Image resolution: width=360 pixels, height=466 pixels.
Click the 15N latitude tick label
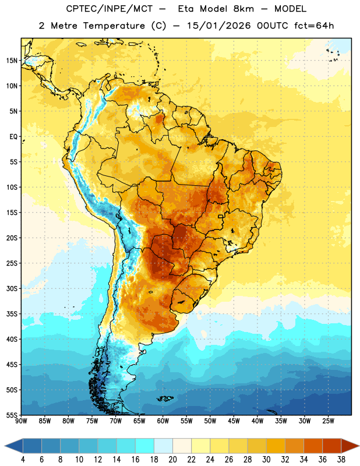pos(12,61)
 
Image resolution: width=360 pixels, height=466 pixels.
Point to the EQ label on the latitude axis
pos(13,137)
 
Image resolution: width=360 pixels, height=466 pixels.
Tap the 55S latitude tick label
pos(12,415)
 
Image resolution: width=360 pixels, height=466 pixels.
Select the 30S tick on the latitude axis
pos(12,288)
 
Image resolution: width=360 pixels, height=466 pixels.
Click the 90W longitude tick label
pos(22,421)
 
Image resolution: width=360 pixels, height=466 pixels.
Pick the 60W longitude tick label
pos(163,421)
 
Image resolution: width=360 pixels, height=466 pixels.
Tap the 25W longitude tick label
pos(328,421)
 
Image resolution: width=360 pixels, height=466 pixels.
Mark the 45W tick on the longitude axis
pos(234,421)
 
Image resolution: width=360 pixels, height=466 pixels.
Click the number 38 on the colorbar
pos(341,460)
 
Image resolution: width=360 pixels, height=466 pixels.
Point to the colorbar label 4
pos(23,460)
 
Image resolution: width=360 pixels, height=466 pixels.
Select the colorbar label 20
pos(172,460)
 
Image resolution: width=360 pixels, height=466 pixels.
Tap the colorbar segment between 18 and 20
pos(163,446)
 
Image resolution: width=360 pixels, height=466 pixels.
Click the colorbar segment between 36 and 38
pos(332,446)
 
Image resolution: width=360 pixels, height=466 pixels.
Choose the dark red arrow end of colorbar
pos(350,446)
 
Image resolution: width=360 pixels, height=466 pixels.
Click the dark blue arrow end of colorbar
pos(14,446)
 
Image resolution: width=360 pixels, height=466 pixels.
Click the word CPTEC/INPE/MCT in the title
pos(110,9)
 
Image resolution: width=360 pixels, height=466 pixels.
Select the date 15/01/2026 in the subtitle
pos(218,26)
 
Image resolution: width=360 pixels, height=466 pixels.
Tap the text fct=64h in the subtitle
pos(314,26)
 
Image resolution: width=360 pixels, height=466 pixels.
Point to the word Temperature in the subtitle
pos(114,26)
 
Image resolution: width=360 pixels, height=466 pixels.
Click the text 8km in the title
pos(243,9)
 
